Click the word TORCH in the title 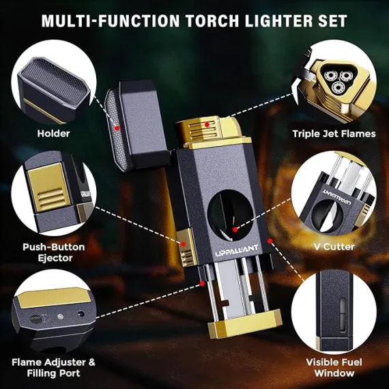point(212,20)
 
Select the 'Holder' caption point(53,134)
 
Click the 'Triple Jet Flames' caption point(334,134)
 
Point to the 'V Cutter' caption point(334,246)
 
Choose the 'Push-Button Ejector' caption point(54,253)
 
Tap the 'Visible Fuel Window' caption point(334,367)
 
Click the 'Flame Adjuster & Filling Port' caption point(53,367)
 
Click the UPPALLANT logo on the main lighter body point(233,250)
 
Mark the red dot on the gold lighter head point(207,124)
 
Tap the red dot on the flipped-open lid point(117,128)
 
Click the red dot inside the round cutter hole point(235,230)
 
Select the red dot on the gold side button point(183,244)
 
